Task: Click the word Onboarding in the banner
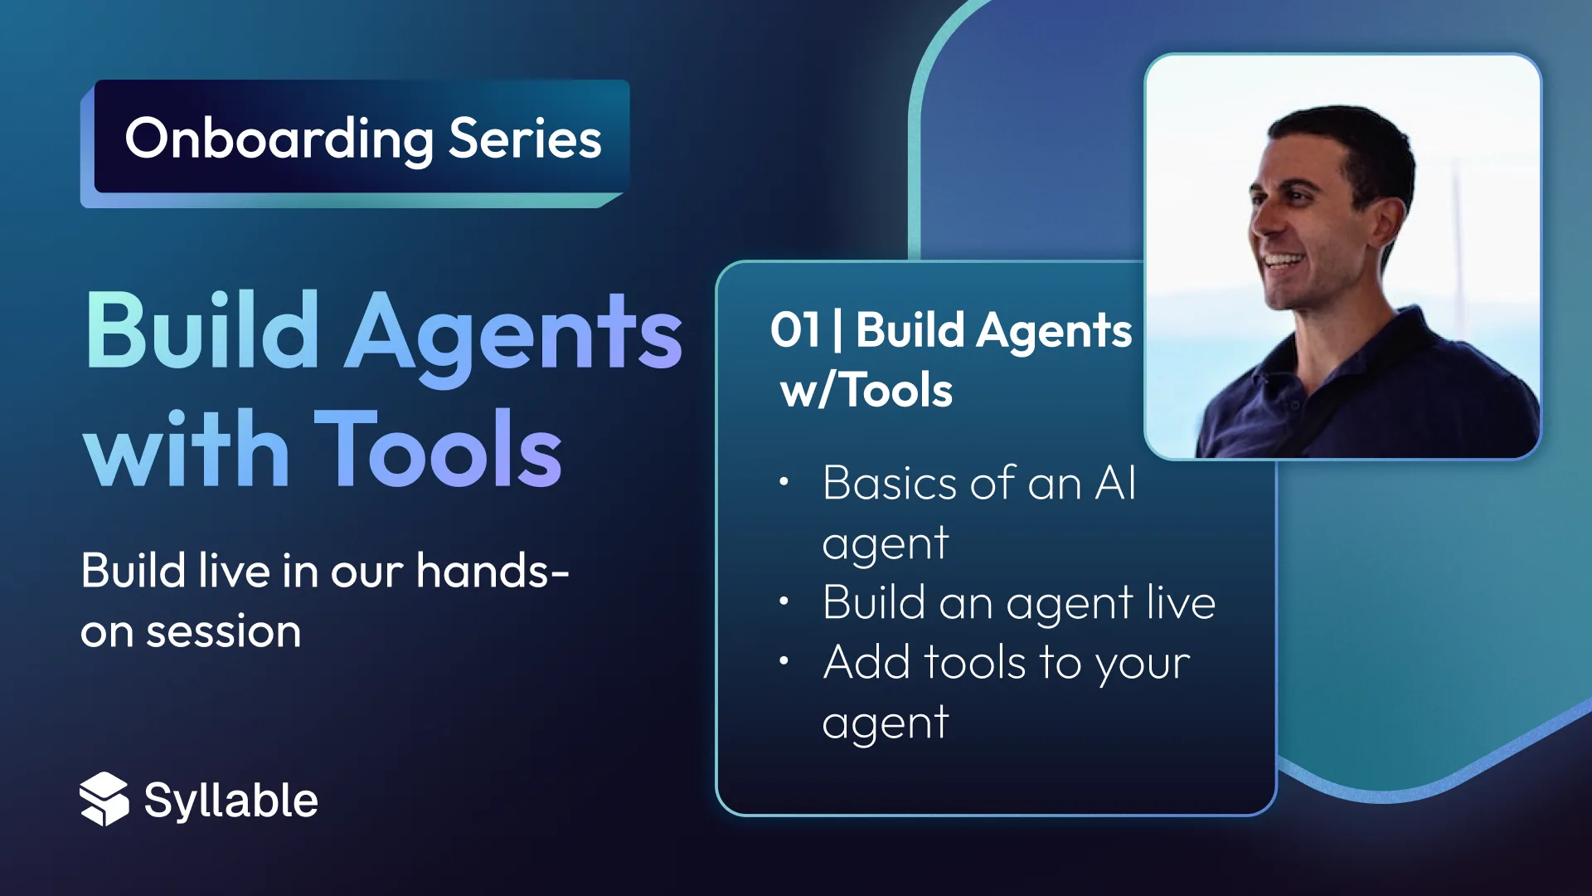[279, 139]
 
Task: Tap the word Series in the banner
[525, 139]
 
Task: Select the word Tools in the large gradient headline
[438, 450]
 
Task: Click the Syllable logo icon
[104, 799]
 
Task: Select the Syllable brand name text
[231, 801]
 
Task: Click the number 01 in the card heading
[795, 330]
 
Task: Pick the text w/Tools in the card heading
[866, 390]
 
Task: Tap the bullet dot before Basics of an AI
[784, 482]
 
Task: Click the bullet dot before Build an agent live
[784, 601]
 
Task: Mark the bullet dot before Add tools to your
[784, 661]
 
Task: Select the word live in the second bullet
[1181, 602]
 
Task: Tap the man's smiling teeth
[1281, 261]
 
